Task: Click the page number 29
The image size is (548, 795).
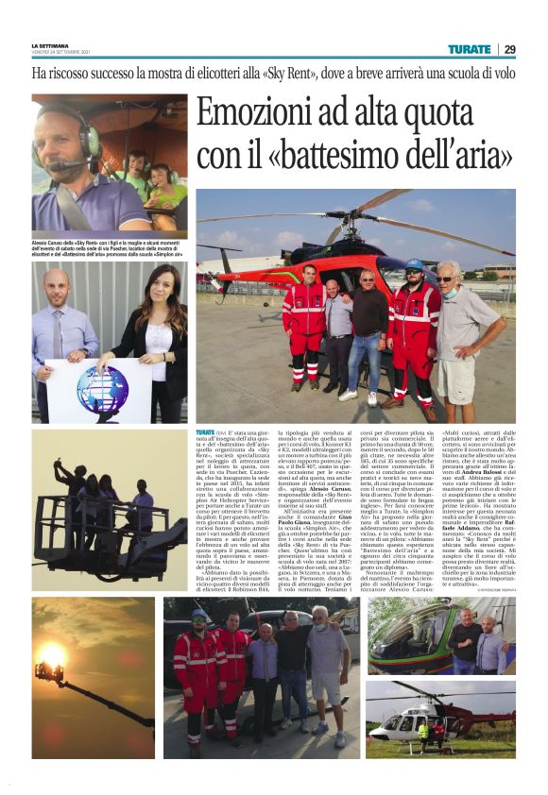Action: click(509, 49)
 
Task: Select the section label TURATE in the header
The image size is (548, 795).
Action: click(470, 49)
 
